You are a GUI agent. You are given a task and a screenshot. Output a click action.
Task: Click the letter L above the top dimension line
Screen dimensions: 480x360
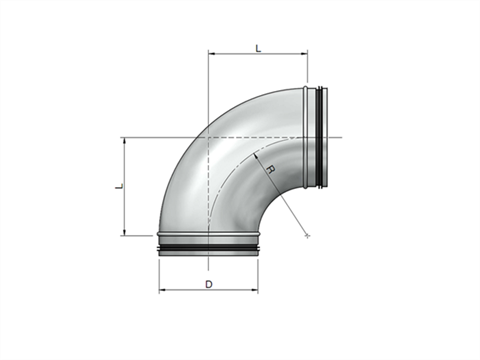[258, 48]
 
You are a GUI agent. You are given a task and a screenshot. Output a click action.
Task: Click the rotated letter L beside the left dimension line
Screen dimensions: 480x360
[119, 186]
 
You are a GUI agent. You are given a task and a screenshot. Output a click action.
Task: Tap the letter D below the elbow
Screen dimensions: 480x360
[209, 284]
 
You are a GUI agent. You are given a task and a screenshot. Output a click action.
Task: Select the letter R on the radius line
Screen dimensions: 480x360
[271, 169]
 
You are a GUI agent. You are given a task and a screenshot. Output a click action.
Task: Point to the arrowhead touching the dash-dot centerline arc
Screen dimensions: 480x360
[256, 155]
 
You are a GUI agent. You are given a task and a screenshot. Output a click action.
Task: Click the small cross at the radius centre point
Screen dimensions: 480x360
[307, 236]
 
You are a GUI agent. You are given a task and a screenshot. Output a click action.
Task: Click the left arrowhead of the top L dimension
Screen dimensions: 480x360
[211, 53]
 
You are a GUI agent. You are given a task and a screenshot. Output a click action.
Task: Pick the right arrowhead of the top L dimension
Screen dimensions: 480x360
[305, 53]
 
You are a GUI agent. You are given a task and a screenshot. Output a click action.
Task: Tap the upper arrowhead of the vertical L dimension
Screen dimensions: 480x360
[125, 140]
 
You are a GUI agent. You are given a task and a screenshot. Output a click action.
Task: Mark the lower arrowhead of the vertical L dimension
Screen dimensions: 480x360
[125, 232]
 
